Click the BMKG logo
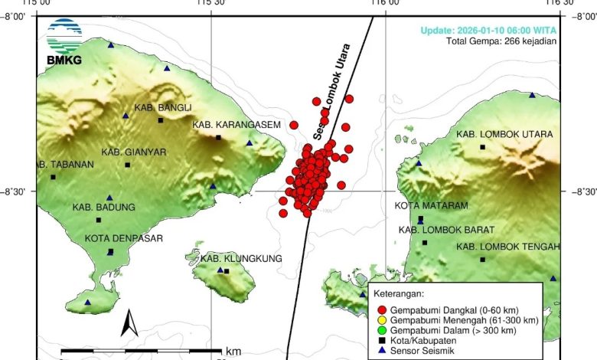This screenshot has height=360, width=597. (64, 41)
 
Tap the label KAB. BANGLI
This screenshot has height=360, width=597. (163, 107)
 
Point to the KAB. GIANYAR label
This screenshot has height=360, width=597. (134, 152)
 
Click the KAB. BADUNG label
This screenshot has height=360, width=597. (104, 207)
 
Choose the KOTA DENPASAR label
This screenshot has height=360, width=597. (124, 238)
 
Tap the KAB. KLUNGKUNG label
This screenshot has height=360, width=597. (241, 259)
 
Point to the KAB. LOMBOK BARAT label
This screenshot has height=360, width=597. (446, 229)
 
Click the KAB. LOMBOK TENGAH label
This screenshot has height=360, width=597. (508, 247)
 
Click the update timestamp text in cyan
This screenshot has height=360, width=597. (488, 31)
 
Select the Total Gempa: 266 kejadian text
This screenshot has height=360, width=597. (501, 41)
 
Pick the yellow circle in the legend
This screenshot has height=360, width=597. (382, 319)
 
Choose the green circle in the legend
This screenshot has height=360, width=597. (382, 330)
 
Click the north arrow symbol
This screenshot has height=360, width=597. (129, 323)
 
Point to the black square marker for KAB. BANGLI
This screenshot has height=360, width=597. (161, 120)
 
